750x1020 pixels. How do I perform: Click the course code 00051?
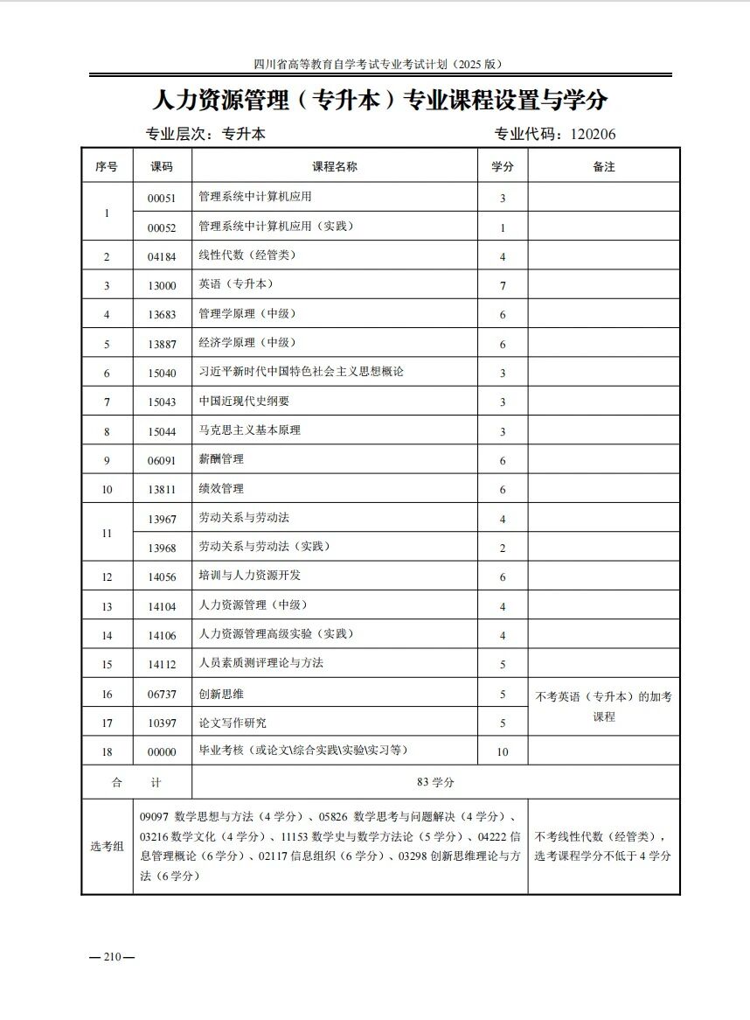tap(162, 199)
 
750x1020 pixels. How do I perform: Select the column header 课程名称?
tap(335, 166)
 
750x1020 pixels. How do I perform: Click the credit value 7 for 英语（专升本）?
tap(503, 286)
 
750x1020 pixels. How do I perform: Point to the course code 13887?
tap(162, 345)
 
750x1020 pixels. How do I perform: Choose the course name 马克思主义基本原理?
tap(250, 430)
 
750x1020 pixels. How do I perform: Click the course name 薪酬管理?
tap(221, 459)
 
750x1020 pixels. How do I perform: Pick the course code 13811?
tap(162, 490)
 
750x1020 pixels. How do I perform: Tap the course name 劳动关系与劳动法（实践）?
tap(265, 547)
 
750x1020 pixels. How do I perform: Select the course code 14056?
tap(162, 577)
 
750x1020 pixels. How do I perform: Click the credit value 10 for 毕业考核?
tap(503, 752)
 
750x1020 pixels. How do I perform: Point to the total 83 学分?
tap(435, 782)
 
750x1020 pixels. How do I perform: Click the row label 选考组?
tap(107, 847)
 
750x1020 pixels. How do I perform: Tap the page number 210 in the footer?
tap(111, 956)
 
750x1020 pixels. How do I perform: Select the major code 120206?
tap(594, 135)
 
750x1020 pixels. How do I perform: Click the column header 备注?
tap(604, 166)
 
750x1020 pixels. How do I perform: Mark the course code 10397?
tap(162, 723)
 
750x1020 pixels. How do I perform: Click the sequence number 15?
tap(107, 665)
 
